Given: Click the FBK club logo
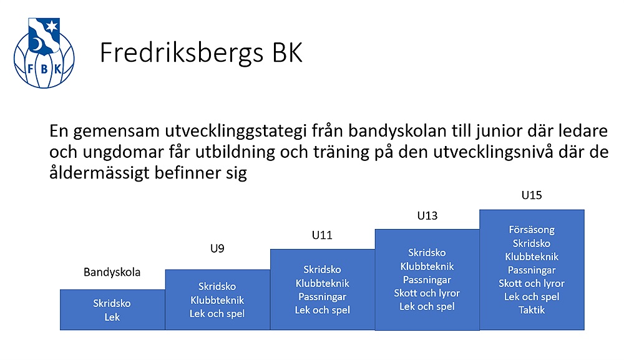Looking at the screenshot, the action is (44, 53).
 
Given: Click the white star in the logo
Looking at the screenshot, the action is (52, 27).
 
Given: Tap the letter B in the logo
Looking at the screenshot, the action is (44, 69).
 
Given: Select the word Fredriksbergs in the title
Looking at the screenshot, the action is (182, 53).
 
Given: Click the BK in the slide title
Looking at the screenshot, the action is (287, 52).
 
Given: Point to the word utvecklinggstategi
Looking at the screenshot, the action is (233, 132).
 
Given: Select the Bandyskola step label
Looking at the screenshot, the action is (112, 272).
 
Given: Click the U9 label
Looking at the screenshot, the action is (217, 248).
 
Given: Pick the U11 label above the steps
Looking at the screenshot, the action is (322, 235).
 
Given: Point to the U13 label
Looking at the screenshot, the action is (427, 216).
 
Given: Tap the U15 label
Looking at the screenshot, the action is (532, 195).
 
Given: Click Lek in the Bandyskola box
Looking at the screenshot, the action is (112, 318).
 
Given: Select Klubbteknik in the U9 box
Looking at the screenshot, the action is (217, 300).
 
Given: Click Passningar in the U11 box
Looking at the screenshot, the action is (323, 297).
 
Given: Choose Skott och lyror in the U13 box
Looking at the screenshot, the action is (427, 293).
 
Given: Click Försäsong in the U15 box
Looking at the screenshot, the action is (532, 230).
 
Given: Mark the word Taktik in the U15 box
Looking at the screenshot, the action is (532, 310).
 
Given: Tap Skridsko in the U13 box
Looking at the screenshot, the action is (427, 253).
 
